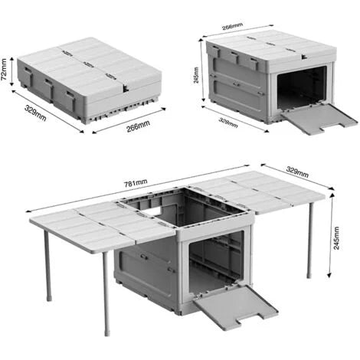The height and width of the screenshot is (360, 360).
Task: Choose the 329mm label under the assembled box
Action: pyautogui.click(x=228, y=123)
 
